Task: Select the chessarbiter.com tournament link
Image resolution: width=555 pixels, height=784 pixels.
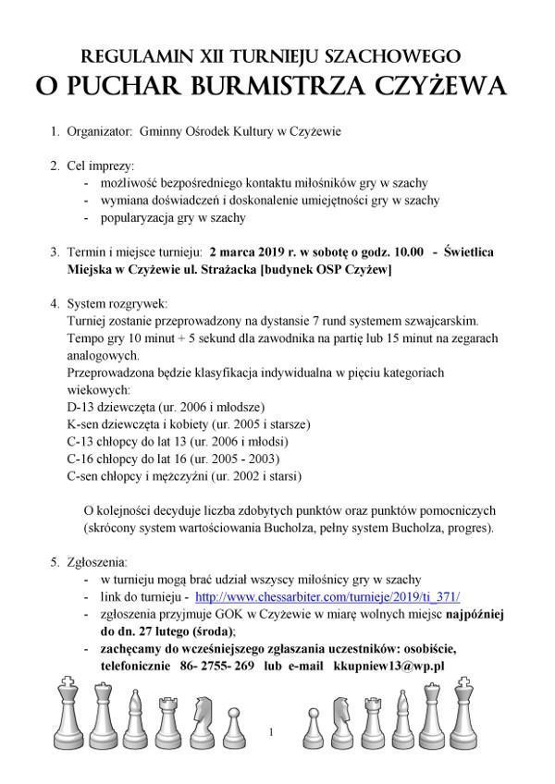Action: (x=327, y=597)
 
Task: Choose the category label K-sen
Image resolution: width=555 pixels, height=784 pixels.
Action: (x=83, y=423)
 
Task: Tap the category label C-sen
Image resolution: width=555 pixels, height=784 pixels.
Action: (x=83, y=475)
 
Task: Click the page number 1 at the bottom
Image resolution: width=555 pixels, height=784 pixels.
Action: (x=271, y=732)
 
